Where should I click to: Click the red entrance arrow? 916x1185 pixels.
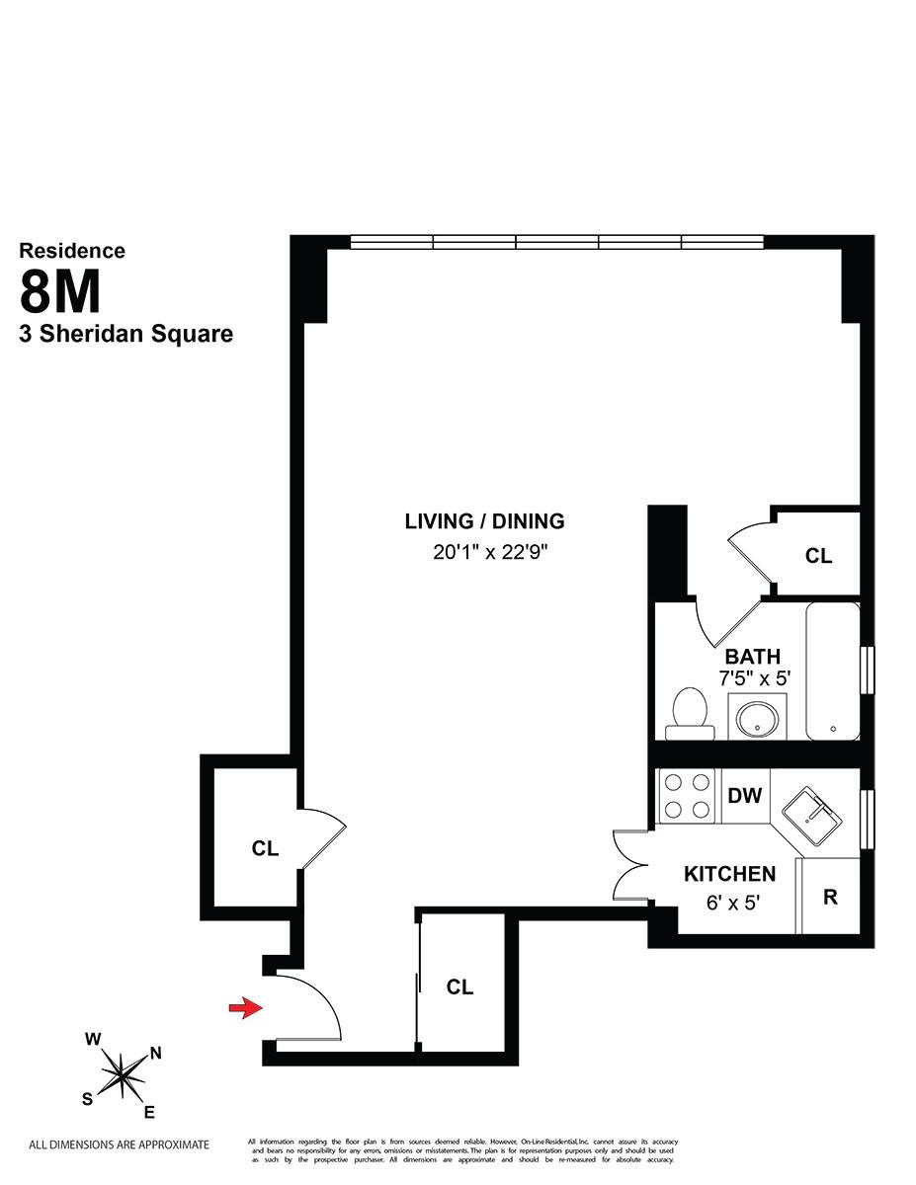coord(241,1007)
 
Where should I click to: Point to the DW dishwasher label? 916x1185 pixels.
coord(745,795)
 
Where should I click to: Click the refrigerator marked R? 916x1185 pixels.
coord(830,898)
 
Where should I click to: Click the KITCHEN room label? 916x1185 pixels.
coord(730,874)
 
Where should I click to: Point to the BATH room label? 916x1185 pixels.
coord(753,657)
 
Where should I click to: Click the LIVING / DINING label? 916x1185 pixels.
coord(484,521)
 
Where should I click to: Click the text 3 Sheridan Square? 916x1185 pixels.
coord(126,334)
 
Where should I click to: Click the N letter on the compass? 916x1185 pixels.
coord(154,1053)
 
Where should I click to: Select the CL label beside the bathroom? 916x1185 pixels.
coord(818,556)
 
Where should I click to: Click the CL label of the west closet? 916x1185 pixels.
coord(265,848)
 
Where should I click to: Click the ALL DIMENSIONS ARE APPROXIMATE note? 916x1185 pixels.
coord(119,1145)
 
